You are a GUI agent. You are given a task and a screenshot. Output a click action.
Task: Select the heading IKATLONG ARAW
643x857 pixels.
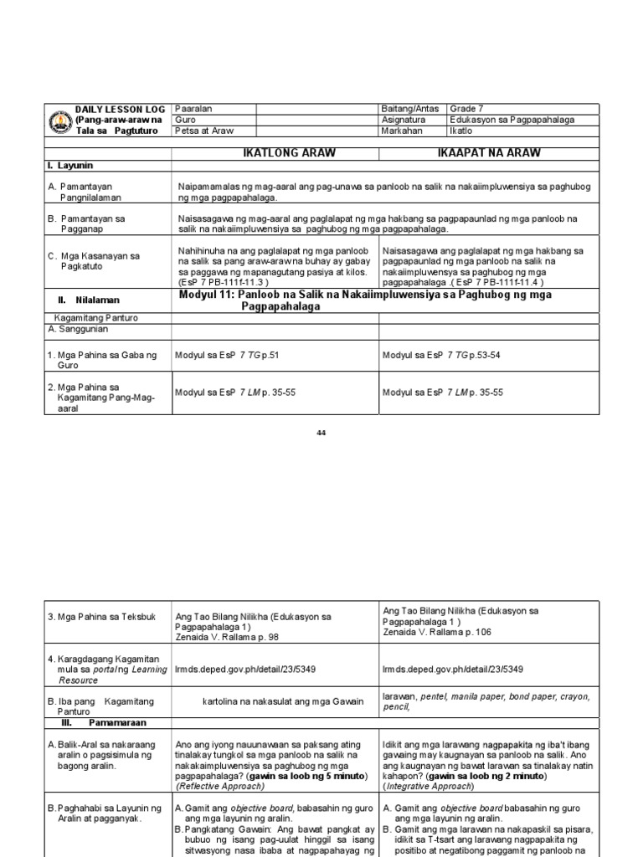coord(275,153)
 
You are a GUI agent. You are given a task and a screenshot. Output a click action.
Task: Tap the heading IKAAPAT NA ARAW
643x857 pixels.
coord(489,153)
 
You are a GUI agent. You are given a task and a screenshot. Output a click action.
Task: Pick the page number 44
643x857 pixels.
coord(321,433)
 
